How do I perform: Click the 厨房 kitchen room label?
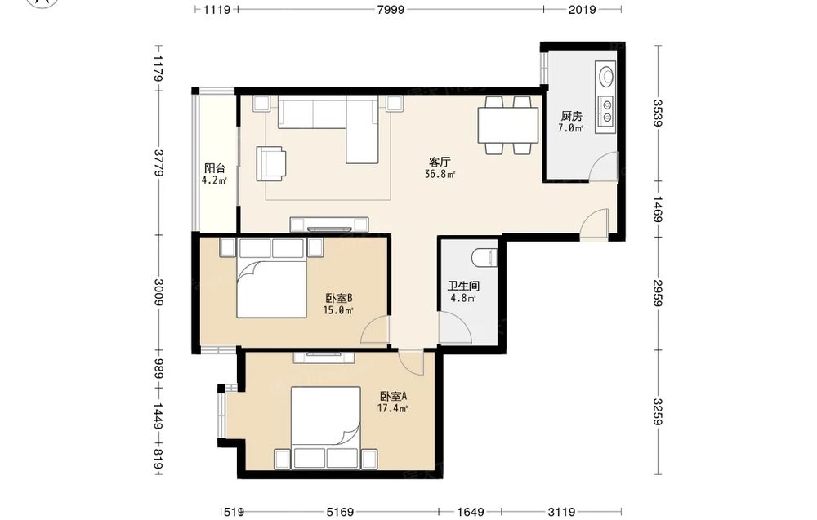(x=571, y=116)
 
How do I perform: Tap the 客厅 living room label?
(x=440, y=162)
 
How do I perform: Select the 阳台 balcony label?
(x=214, y=169)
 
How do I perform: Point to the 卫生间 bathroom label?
(x=463, y=287)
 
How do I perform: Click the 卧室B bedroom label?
(x=339, y=298)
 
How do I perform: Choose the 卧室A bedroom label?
(x=394, y=396)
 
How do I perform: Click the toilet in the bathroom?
(x=484, y=258)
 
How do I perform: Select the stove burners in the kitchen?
(x=606, y=111)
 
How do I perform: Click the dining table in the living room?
(x=508, y=125)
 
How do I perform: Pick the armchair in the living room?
(x=270, y=164)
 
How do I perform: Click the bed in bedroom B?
(x=271, y=278)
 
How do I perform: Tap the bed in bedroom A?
(x=326, y=427)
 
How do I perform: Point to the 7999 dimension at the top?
(x=391, y=9)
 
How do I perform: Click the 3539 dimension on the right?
(x=658, y=113)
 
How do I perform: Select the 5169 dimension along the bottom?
(x=340, y=512)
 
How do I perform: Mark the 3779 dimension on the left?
(x=159, y=162)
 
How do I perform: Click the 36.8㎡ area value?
(x=440, y=175)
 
